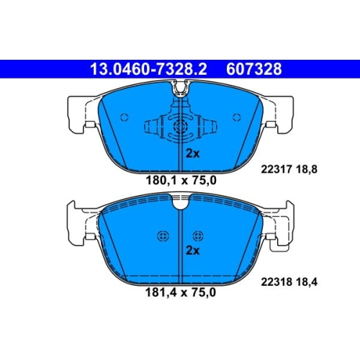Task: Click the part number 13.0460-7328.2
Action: point(148,69)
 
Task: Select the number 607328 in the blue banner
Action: point(254,69)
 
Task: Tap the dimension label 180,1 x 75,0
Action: point(181,181)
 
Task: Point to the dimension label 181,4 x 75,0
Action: point(181,292)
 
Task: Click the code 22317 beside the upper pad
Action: point(276,169)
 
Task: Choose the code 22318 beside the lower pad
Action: point(276,282)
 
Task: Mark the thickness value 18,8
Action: point(307,169)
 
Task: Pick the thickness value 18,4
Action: point(307,282)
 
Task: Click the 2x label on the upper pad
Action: point(193,153)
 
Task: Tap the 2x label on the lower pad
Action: point(193,251)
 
